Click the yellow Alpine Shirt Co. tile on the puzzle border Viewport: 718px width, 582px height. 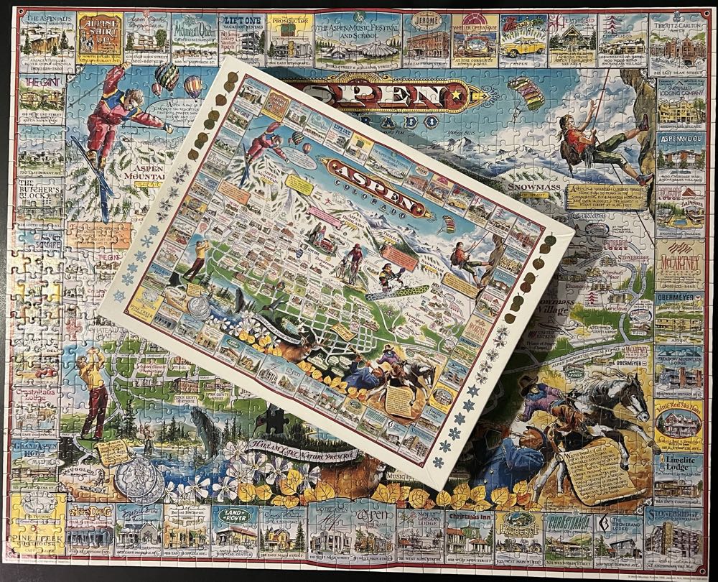[x=98, y=34]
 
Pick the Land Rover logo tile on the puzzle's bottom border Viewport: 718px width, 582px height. [x=234, y=528]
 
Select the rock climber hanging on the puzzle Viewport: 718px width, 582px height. [x=589, y=147]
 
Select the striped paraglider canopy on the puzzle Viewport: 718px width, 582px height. [x=526, y=92]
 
